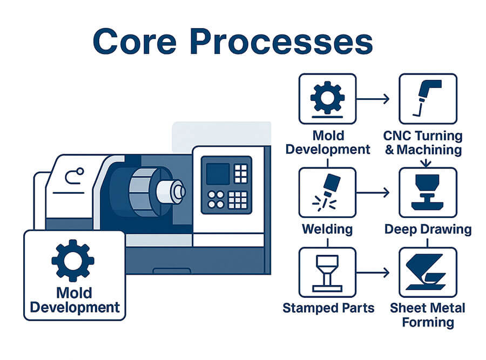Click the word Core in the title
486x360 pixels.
click(135, 41)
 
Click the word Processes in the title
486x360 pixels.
click(281, 41)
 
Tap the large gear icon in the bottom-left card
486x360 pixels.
click(73, 261)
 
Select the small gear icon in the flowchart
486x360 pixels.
click(327, 97)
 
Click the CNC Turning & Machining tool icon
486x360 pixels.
click(427, 98)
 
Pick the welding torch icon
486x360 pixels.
click(327, 192)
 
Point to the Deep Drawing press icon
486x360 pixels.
click(428, 192)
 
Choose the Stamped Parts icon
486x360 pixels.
click(327, 273)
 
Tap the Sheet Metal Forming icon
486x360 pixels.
click(426, 272)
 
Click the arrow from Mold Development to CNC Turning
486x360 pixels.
click(373, 99)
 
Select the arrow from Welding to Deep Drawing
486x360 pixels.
click(373, 192)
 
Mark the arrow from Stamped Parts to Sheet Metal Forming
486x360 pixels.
click(373, 273)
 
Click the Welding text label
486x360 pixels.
click(327, 229)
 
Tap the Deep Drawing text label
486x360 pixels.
click(428, 229)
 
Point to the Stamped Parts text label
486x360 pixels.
click(328, 308)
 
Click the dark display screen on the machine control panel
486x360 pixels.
click(218, 174)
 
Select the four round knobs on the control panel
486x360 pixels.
click(215, 200)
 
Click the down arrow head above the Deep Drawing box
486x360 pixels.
click(427, 164)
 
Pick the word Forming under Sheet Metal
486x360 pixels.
click(428, 322)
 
